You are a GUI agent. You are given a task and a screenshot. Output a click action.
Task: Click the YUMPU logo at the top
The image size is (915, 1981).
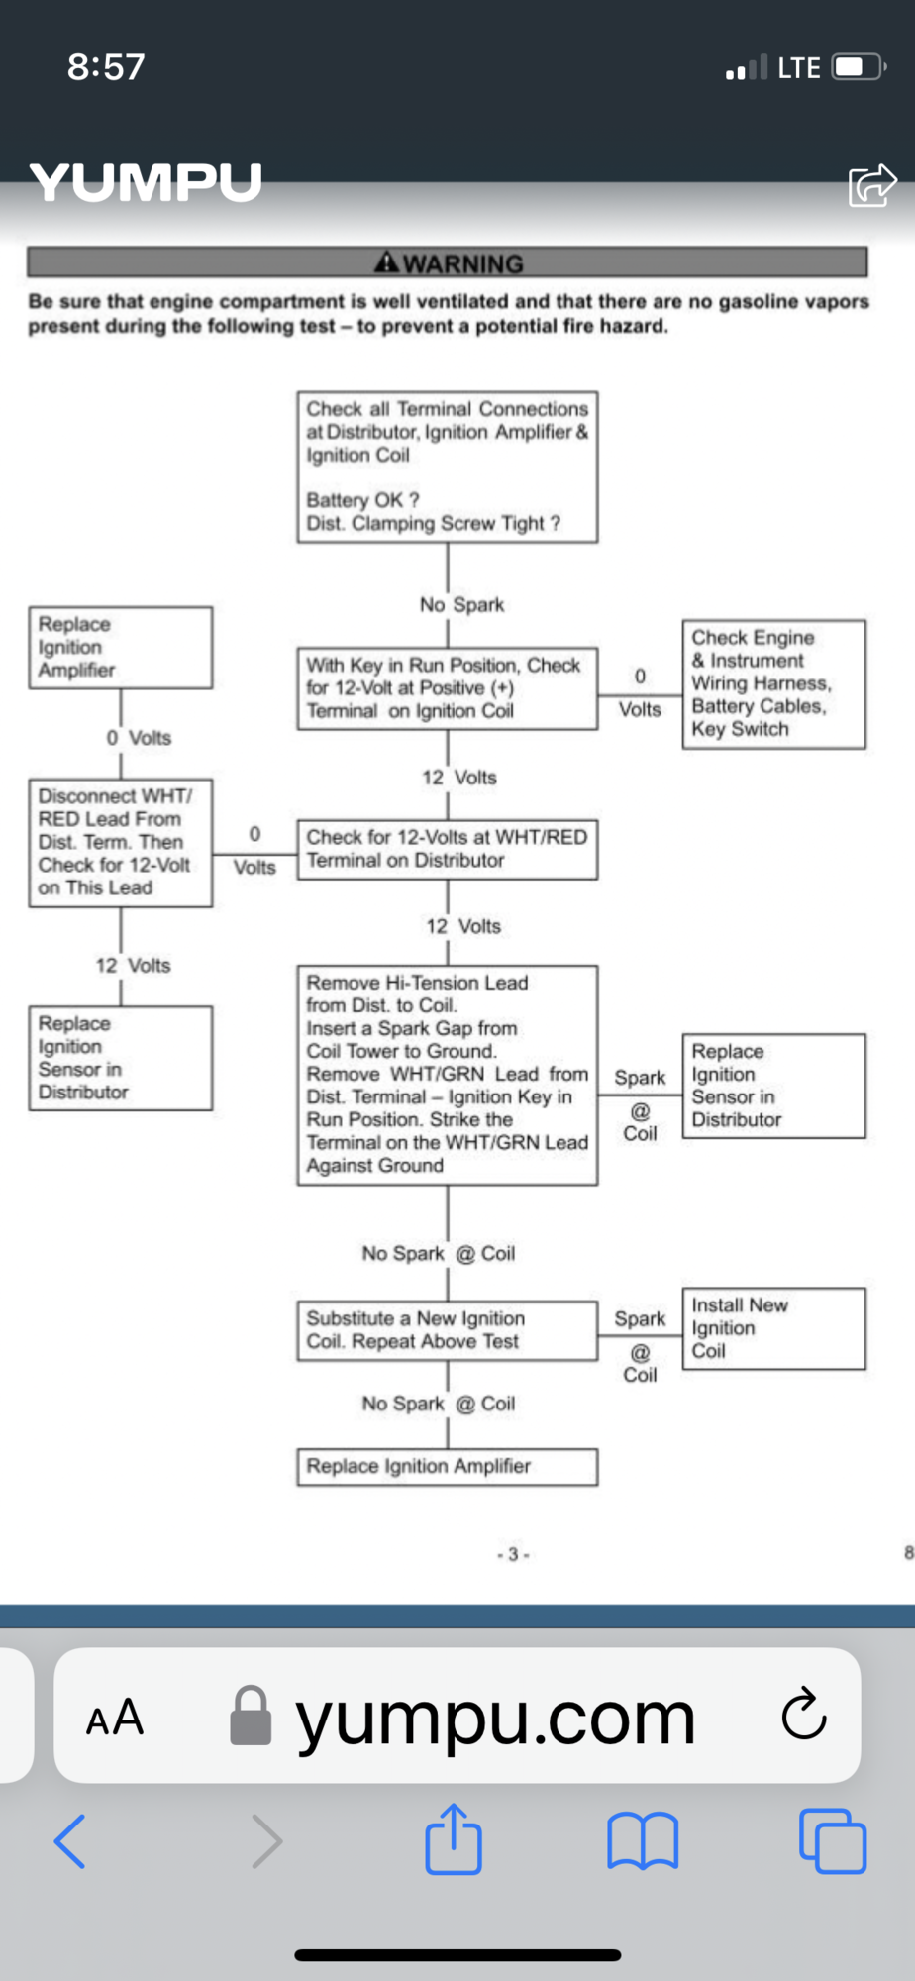146,183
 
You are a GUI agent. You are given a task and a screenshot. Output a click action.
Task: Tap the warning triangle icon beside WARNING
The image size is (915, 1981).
386,262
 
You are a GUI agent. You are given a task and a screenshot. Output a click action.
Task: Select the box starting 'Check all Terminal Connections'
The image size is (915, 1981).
447,467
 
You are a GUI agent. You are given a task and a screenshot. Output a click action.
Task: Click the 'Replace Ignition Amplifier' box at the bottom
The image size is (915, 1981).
447,1466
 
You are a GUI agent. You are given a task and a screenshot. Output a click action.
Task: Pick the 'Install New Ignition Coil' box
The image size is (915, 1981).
772,1328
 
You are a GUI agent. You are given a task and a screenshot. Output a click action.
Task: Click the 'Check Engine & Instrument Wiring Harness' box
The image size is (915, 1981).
772,683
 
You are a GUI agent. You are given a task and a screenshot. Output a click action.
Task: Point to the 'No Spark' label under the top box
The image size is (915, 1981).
461,604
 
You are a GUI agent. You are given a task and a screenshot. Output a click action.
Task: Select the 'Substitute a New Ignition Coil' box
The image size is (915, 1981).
447,1330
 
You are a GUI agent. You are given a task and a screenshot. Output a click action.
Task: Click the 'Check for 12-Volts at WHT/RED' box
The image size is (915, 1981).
447,849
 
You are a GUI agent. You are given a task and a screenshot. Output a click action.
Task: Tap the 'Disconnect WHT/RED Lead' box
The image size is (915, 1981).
120,842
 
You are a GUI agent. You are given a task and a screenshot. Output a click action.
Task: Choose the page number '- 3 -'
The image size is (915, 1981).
513,1554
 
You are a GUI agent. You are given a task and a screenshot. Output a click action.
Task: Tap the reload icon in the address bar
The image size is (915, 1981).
803,1715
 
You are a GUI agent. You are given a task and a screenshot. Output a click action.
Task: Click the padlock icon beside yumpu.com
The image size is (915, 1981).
251,1716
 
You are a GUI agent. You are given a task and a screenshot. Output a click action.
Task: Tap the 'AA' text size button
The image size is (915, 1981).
115,1718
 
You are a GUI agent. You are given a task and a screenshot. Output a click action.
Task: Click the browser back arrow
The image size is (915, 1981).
70,1840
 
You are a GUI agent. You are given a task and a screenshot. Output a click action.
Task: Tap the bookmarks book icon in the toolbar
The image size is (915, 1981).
643,1840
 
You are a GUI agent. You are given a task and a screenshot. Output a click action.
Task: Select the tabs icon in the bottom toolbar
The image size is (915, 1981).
832,1840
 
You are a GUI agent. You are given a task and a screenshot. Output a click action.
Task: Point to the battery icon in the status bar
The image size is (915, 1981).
858,67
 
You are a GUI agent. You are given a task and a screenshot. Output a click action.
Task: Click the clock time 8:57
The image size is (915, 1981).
106,67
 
